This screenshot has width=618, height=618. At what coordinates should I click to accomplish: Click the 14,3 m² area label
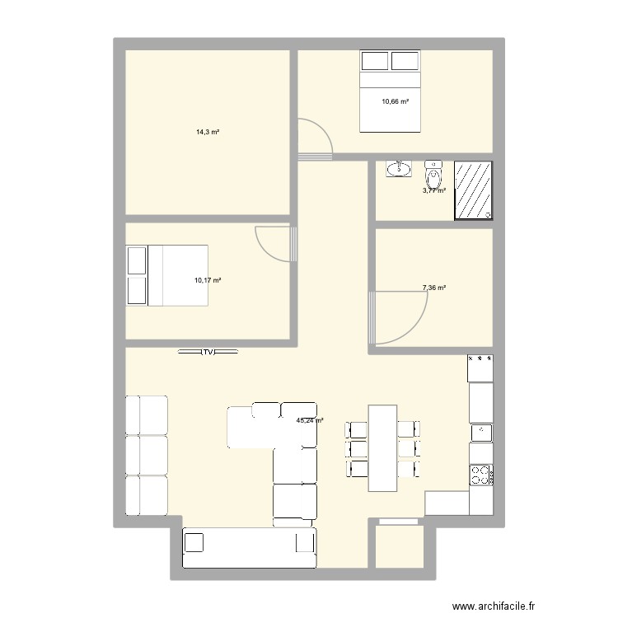pyautogui.click(x=207, y=132)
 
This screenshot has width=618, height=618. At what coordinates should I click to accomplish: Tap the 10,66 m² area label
pyautogui.click(x=395, y=102)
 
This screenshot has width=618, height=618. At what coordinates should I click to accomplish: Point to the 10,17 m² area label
pyautogui.click(x=208, y=280)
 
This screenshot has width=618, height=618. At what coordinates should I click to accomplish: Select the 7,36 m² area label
pyautogui.click(x=433, y=288)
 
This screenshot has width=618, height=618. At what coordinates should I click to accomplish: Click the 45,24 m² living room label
pyautogui.click(x=310, y=420)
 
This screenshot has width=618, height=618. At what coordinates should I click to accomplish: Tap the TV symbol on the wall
pyautogui.click(x=208, y=352)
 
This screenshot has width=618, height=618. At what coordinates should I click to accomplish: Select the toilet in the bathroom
pyautogui.click(x=433, y=175)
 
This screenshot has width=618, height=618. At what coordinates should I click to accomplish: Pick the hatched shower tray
pyautogui.click(x=473, y=190)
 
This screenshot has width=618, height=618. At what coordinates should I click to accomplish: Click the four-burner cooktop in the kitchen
pyautogui.click(x=480, y=474)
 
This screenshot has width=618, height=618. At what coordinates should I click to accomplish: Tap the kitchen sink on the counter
pyautogui.click(x=480, y=432)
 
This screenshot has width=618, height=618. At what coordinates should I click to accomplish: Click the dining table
pyautogui.click(x=382, y=447)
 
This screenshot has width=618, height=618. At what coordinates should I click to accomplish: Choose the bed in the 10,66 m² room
pyautogui.click(x=390, y=91)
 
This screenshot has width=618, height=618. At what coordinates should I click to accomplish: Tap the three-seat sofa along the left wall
pyautogui.click(x=146, y=455)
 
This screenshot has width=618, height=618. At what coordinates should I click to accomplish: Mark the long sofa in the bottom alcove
pyautogui.click(x=249, y=548)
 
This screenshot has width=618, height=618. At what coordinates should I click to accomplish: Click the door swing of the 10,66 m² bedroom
pyautogui.click(x=316, y=138)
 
